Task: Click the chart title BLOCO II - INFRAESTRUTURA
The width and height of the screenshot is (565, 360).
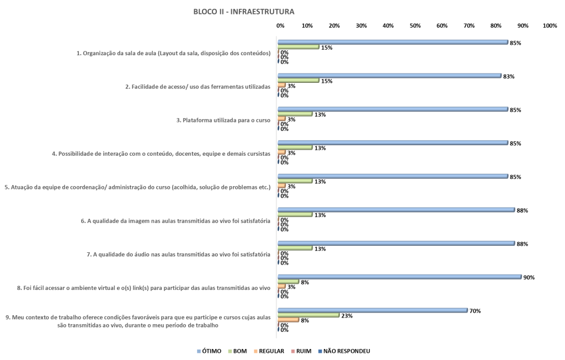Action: (x=243, y=12)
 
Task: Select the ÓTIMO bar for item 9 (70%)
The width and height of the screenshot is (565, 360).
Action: (x=372, y=310)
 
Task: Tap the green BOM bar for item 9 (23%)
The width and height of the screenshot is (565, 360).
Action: (x=308, y=315)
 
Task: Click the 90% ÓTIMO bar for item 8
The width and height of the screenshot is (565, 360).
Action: (x=399, y=277)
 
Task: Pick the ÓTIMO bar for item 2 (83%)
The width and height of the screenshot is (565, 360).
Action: (x=390, y=76)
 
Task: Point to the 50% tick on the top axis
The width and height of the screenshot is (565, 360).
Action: (x=415, y=25)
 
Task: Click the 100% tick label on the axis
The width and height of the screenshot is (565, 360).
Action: (x=550, y=25)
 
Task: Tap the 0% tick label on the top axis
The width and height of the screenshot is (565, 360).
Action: (x=280, y=25)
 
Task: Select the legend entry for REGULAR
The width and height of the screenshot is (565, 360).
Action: (x=269, y=351)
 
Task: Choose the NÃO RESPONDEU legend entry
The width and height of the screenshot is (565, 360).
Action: (x=344, y=351)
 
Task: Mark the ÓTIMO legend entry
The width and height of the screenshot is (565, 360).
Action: (x=209, y=351)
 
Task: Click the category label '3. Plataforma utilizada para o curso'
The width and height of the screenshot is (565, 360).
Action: (x=223, y=120)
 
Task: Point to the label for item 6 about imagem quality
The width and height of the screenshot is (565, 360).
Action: (x=175, y=221)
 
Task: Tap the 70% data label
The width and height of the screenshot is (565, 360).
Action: (x=475, y=311)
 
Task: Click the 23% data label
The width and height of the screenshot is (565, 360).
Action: (x=347, y=316)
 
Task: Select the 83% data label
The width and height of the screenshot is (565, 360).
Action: (x=509, y=77)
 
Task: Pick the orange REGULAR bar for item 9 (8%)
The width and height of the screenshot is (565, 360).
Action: (x=288, y=320)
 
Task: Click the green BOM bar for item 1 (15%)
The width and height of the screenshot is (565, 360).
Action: (x=299, y=47)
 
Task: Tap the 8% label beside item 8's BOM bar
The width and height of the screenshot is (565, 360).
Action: (x=305, y=283)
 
